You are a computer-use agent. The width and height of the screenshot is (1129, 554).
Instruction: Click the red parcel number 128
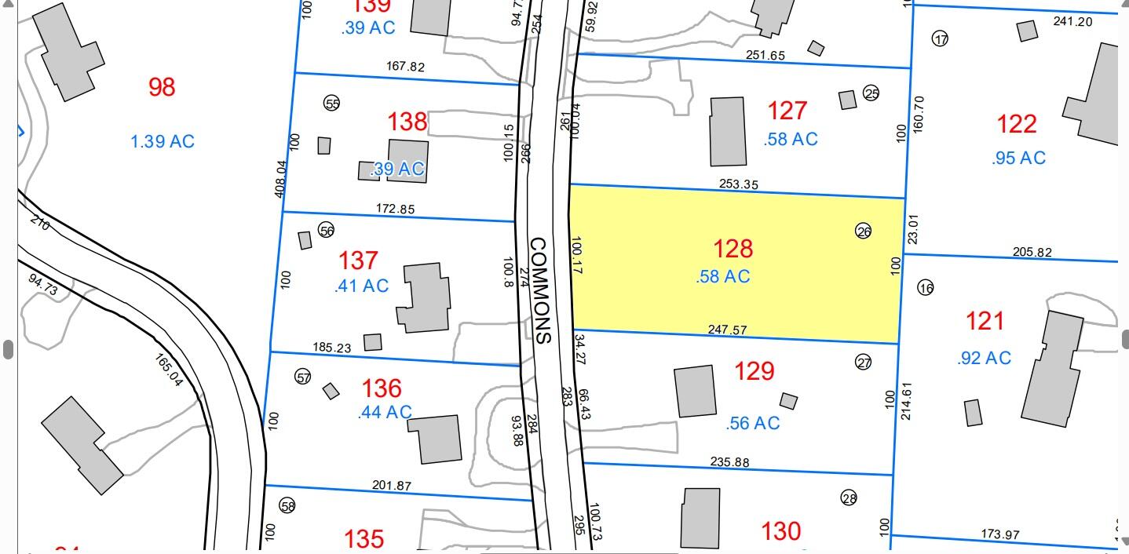(x=733, y=249)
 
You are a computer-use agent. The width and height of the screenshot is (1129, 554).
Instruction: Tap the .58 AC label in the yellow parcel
(x=722, y=276)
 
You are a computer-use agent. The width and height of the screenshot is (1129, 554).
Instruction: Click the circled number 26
(x=863, y=231)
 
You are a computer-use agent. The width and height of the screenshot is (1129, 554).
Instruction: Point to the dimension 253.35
(x=738, y=184)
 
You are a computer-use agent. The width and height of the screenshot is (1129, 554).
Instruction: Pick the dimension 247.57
(x=727, y=330)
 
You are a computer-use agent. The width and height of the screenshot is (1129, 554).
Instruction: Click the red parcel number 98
(x=162, y=87)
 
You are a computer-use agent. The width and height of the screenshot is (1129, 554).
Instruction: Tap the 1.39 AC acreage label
(x=162, y=142)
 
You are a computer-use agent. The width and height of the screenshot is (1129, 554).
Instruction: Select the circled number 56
(x=327, y=229)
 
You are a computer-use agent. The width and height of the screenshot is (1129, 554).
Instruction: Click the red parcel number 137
(x=358, y=260)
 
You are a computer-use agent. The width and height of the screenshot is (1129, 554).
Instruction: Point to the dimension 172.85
(x=396, y=210)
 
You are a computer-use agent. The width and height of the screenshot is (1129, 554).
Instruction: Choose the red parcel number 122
(x=1017, y=124)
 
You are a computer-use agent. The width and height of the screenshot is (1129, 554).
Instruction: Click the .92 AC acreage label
(x=984, y=358)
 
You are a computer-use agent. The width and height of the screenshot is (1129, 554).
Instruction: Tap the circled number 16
(x=926, y=288)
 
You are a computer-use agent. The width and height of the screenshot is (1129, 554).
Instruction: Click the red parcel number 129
(x=754, y=370)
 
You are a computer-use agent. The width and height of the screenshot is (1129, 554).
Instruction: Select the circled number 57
(x=303, y=377)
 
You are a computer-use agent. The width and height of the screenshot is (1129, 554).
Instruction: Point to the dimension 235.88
(x=729, y=461)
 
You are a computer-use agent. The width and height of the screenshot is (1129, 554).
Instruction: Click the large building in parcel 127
(x=728, y=131)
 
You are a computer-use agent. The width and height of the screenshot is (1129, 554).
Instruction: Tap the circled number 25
(x=871, y=93)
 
